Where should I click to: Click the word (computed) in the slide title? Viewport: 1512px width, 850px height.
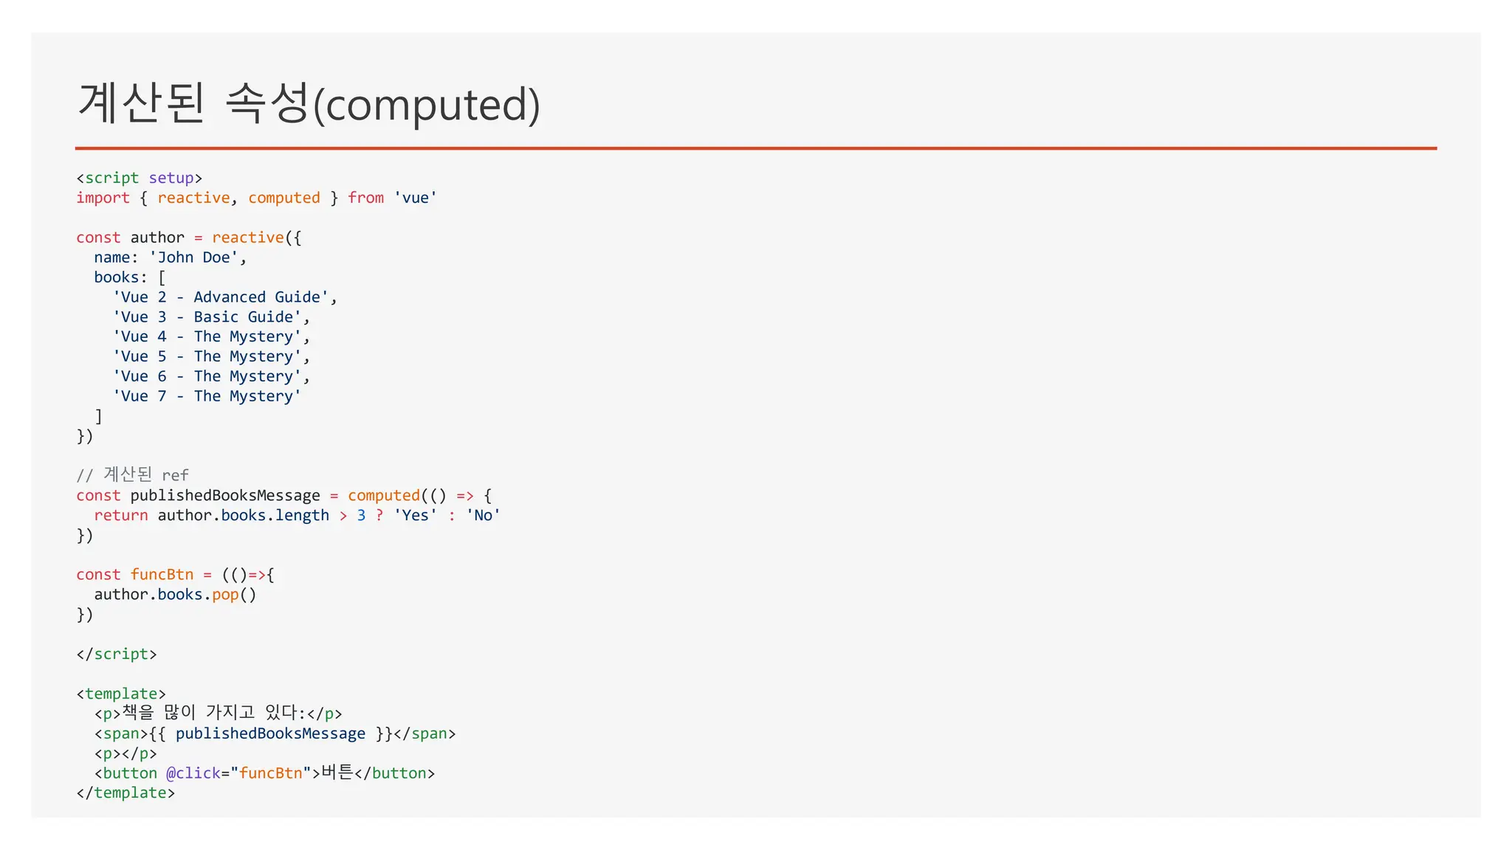pos(427,105)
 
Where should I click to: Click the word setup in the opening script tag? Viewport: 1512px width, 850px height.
pos(171,178)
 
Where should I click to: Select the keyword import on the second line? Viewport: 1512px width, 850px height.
pos(103,198)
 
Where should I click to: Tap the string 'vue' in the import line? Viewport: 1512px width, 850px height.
pos(415,198)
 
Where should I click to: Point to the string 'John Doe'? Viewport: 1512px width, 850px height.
pos(193,258)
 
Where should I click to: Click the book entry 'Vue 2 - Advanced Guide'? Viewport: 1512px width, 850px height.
pos(221,297)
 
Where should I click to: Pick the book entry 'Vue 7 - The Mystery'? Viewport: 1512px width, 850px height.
pos(207,396)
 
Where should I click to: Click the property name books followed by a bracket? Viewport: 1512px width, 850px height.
pos(116,277)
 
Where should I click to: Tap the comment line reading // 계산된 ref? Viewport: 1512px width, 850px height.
pos(132,474)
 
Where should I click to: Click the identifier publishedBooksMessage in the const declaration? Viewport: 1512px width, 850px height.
pos(225,495)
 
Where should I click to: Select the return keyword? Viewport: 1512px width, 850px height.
pos(120,515)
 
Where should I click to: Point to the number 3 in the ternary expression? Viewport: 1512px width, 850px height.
pos(361,515)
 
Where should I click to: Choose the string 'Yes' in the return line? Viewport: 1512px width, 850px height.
pos(415,515)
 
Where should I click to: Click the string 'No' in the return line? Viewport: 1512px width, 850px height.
pos(483,515)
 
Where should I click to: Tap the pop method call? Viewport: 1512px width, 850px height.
pos(225,595)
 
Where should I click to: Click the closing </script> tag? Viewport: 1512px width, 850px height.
pos(117,654)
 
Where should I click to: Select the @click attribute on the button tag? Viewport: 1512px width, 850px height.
pos(193,773)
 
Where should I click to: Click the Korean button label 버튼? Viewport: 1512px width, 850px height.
pos(338,773)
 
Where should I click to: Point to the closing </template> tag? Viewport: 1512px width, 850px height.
pos(126,793)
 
